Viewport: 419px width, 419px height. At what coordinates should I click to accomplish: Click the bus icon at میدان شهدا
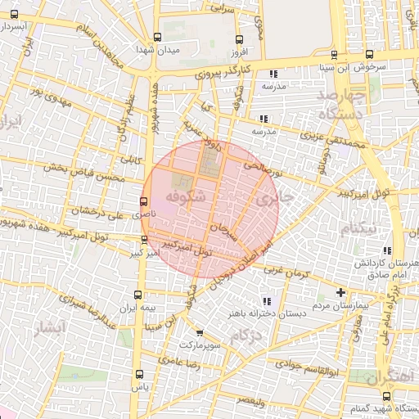pyautogui.click(x=157, y=37)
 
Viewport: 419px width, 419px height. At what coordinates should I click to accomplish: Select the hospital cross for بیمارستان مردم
pyautogui.click(x=340, y=292)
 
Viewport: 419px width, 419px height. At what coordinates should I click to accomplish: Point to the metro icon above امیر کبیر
pyautogui.click(x=145, y=240)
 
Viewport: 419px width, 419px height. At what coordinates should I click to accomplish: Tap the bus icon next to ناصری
pyautogui.click(x=144, y=200)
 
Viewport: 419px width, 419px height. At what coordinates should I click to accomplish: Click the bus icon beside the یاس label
pyautogui.click(x=137, y=376)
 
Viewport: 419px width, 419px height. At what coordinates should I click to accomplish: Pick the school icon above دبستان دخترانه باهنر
pyautogui.click(x=264, y=300)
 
